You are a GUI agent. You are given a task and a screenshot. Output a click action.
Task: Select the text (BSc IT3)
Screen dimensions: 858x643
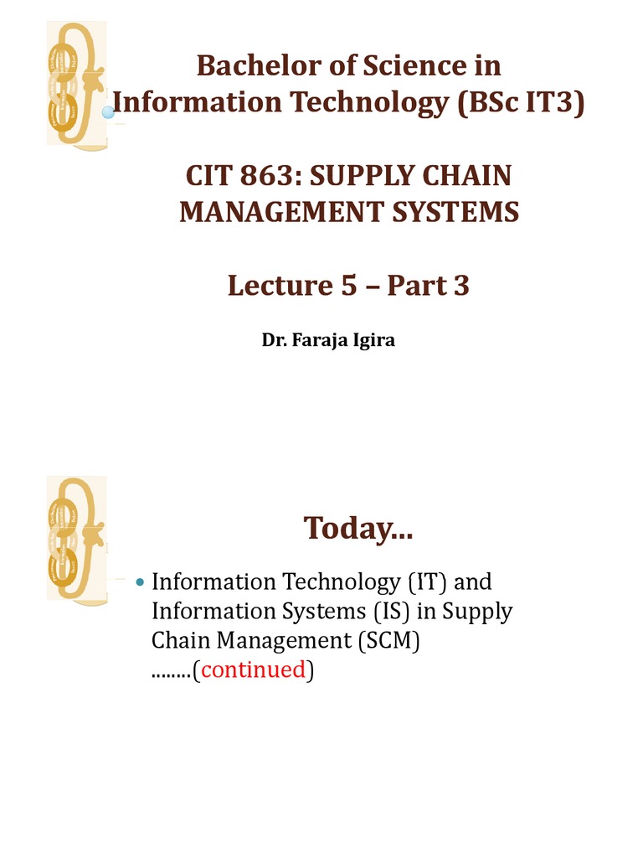518,103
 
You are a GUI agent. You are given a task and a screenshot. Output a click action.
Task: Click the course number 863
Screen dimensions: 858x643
268,177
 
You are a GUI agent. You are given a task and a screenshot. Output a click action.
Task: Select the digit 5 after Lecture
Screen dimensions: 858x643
349,287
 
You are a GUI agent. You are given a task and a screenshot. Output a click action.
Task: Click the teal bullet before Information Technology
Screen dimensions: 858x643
140,581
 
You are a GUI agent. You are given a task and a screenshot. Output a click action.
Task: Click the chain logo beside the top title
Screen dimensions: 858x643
78,85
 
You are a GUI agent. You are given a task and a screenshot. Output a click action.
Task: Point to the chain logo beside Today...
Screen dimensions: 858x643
76,537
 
